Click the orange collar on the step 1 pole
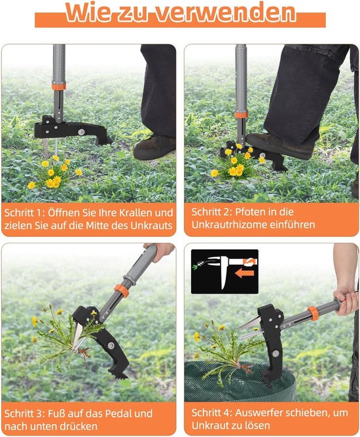click(58, 86)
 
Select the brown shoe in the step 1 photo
click(154, 147)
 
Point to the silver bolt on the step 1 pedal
click(81, 132)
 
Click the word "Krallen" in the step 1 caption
click(135, 213)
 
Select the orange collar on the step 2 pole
click(241, 114)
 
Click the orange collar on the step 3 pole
click(121, 290)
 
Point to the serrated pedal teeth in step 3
click(118, 373)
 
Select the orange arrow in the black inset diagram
click(245, 273)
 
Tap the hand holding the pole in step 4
click(346, 302)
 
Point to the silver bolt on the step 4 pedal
click(276, 353)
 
